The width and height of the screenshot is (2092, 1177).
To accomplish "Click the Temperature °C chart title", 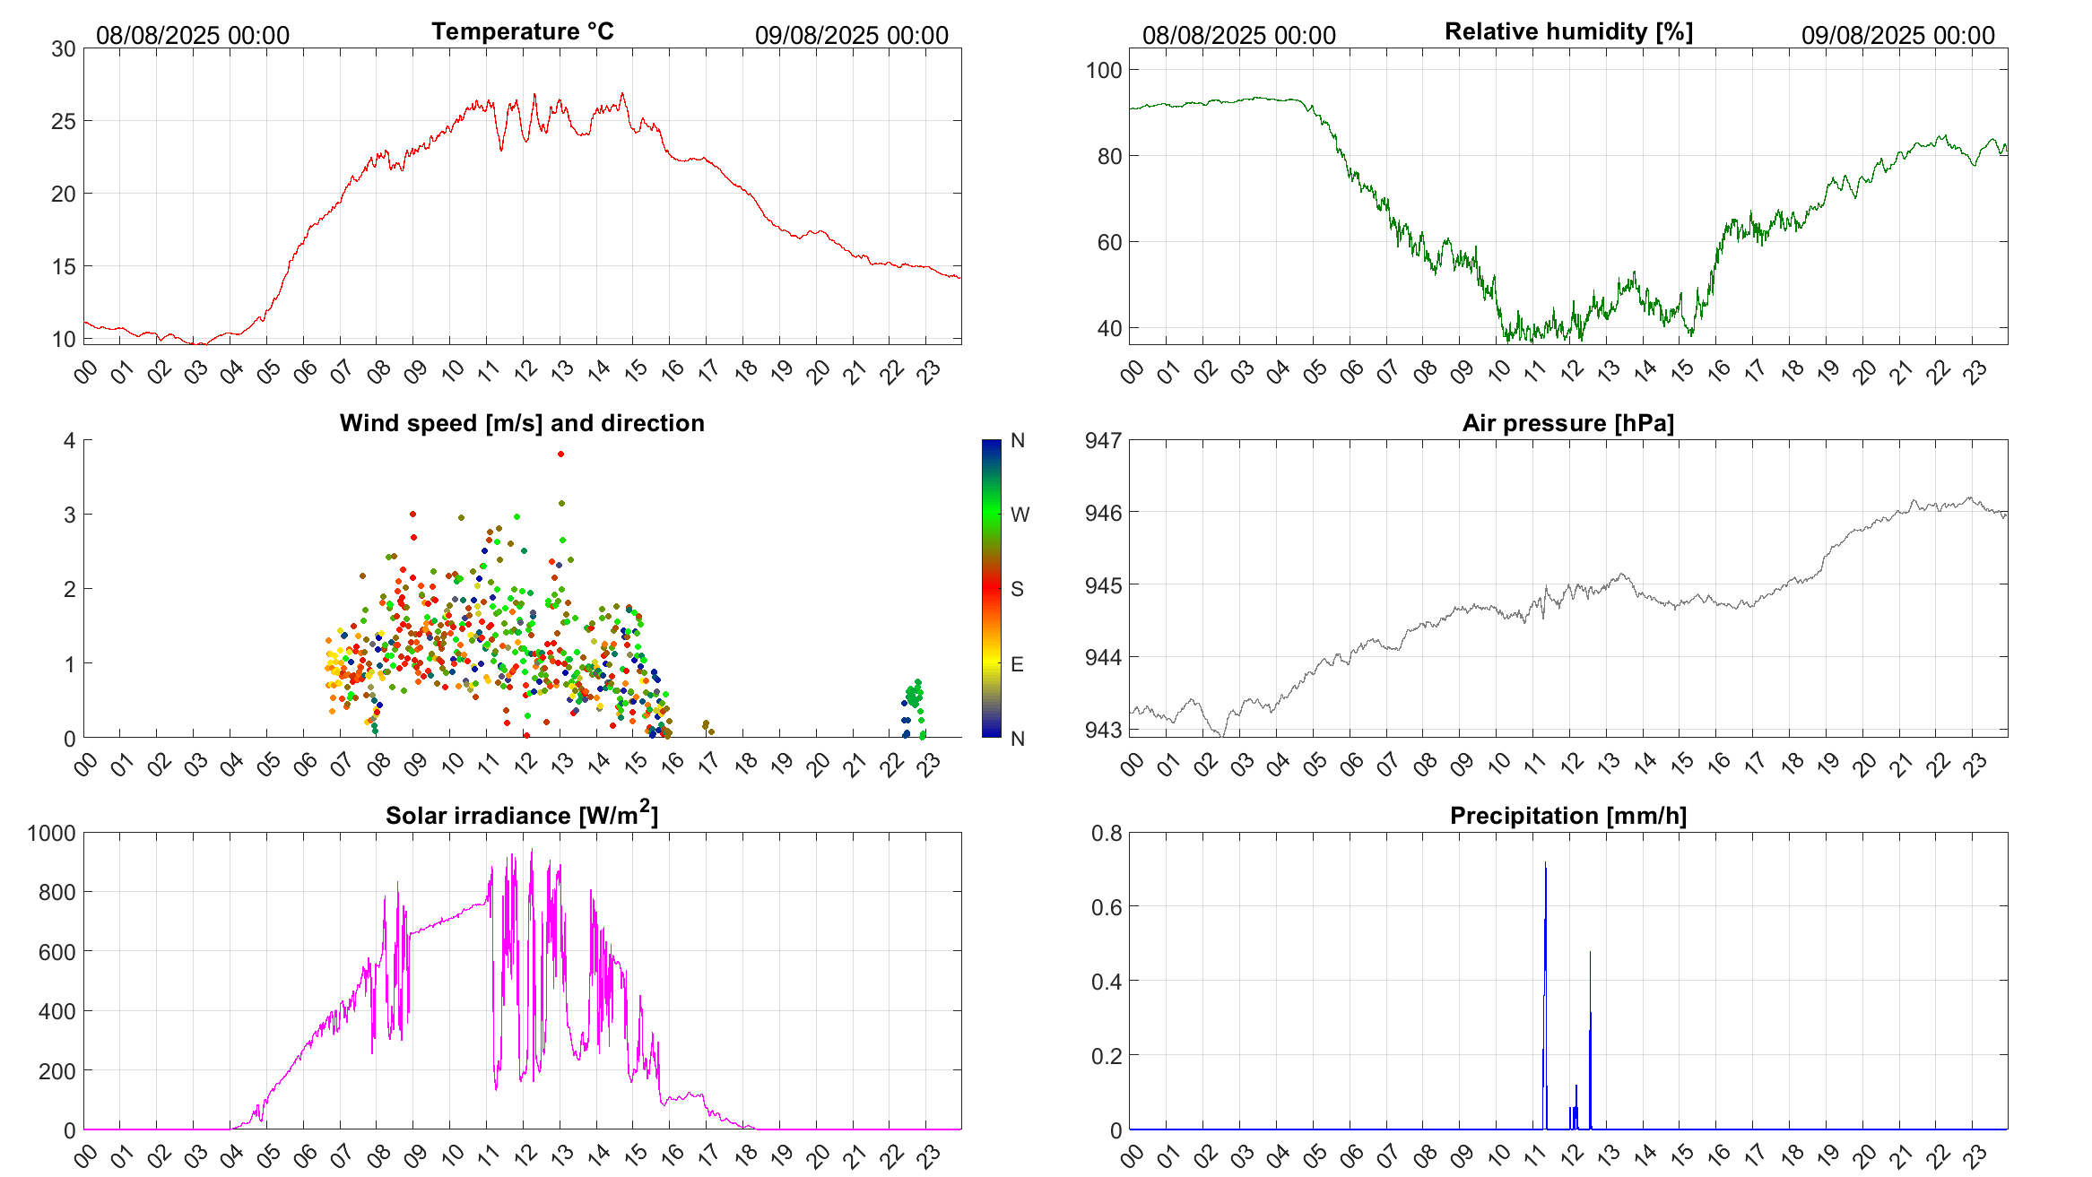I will pos(522,31).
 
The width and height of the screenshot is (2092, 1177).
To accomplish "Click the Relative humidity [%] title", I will pos(1568,31).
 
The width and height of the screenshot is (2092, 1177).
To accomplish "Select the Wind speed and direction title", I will pos(522,423).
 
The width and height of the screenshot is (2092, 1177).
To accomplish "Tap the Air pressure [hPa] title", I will pos(1568,423).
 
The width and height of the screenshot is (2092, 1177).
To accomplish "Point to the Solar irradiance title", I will pos(522,815).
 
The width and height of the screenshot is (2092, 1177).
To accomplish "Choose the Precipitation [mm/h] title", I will pos(1568,816).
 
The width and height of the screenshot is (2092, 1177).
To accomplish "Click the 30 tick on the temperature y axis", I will pos(64,49).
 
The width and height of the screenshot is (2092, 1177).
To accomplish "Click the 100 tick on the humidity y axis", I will pos(1103,70).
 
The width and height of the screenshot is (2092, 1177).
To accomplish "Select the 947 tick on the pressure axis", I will pos(1103,440).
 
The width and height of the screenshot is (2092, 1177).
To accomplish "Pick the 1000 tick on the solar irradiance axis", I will pos(52,833).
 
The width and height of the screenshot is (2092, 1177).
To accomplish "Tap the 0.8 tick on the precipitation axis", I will pos(1107,833).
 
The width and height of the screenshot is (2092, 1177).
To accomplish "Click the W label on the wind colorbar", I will pos(1020,515).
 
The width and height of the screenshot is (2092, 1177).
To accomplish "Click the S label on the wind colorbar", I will pos(1017,589).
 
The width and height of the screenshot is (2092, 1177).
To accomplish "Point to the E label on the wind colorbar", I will pos(1017,664).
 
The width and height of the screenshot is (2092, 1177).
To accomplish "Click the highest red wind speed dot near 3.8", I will pos(560,454).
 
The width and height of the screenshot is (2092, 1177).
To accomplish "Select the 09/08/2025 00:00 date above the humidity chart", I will pos(1897,35).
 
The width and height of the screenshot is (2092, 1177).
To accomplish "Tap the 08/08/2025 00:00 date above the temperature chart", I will pos(193,35).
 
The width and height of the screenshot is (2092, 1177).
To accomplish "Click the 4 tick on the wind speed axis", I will pos(69,440).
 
